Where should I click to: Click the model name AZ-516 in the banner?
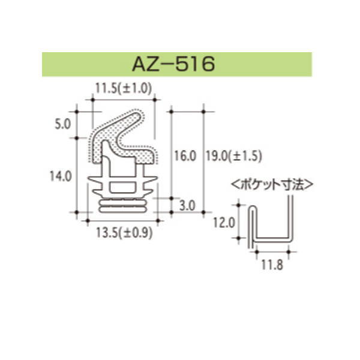click(180, 64)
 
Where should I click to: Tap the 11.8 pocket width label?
click(270, 263)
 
